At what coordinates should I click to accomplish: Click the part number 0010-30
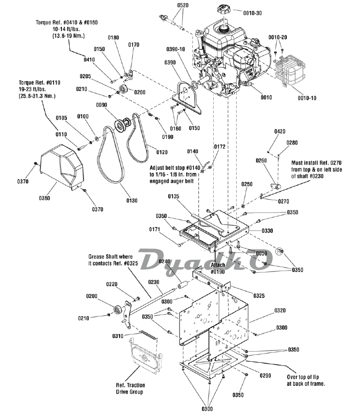point(252,13)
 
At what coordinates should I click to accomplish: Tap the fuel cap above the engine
point(225,10)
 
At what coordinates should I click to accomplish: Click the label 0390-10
point(176,49)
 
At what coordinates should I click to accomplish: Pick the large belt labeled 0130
point(111,155)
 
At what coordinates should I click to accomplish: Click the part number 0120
point(162,152)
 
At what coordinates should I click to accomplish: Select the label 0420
point(280,131)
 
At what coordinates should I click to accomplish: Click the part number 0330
point(267,231)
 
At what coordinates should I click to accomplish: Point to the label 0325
point(259,295)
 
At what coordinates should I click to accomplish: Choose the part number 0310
point(118,336)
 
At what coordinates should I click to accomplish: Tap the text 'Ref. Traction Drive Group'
point(130,389)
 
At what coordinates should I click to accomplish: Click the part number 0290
point(265,376)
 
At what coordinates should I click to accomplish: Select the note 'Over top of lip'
point(303,377)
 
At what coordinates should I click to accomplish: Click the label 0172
point(220,146)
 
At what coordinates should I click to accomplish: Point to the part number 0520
point(182,5)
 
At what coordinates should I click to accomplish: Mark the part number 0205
point(85,77)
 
